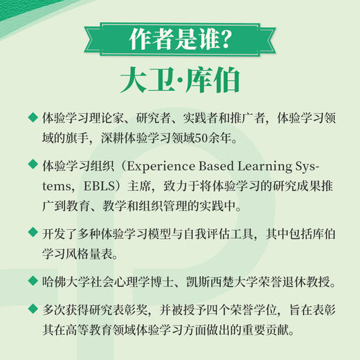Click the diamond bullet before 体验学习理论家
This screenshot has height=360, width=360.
tap(33, 117)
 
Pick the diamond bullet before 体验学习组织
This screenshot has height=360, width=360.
tap(33, 165)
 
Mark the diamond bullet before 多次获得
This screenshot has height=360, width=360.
tap(33, 310)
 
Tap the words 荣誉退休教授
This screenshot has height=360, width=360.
tap(305, 282)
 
